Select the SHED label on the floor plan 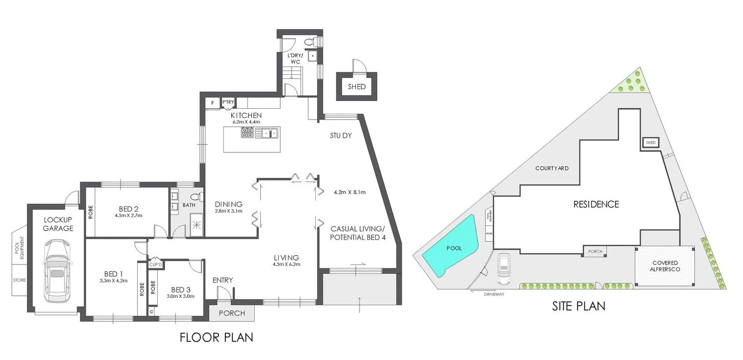click(x=356, y=87)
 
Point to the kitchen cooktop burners click(x=247, y=132)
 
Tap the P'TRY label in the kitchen click(x=229, y=102)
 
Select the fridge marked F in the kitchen click(x=213, y=103)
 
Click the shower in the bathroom click(x=196, y=226)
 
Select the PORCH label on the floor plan click(x=232, y=313)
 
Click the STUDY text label click(x=341, y=136)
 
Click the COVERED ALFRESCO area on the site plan click(x=664, y=266)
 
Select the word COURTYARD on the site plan click(x=551, y=168)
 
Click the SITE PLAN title click(x=578, y=306)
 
